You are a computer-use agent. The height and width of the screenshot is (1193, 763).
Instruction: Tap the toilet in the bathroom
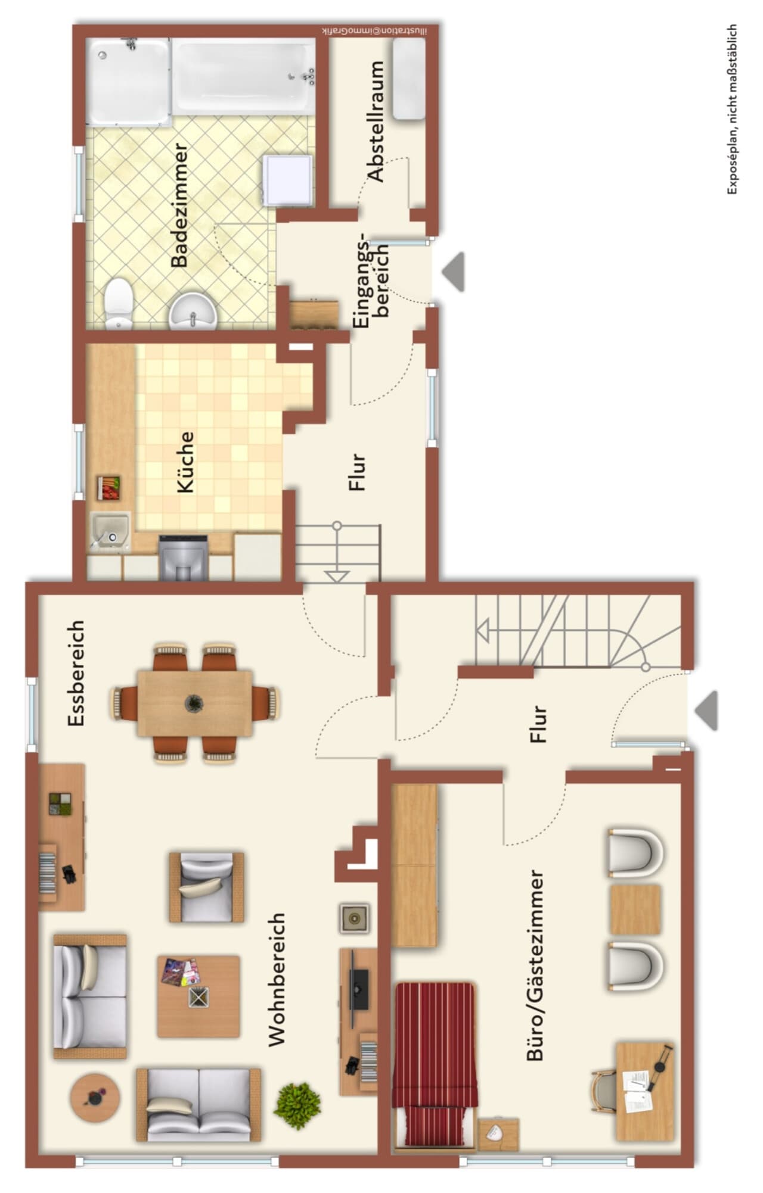(119, 303)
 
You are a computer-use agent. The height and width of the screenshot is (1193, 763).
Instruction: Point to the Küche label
(186, 462)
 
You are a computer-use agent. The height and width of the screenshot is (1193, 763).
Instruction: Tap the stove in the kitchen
(184, 557)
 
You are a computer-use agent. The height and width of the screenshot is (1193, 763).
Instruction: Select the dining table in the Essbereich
(195, 703)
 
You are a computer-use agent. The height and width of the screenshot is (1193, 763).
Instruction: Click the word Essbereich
(76, 673)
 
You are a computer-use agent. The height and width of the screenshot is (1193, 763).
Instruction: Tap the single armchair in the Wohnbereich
(206, 887)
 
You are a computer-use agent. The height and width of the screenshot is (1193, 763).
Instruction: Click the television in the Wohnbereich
(358, 989)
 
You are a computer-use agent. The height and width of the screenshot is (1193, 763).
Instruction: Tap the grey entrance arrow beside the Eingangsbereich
(454, 272)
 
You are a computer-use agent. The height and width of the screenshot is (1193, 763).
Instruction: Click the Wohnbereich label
(277, 980)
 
